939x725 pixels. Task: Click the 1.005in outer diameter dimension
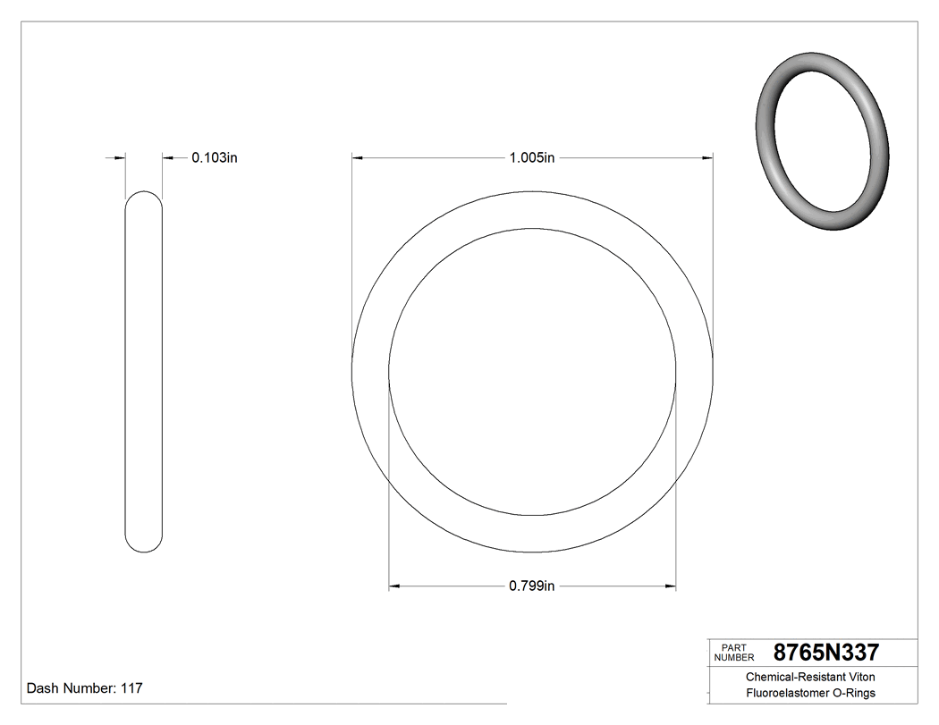pos(532,158)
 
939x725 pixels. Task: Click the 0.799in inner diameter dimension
pos(532,586)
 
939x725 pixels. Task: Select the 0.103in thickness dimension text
pos(214,158)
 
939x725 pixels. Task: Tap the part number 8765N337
pos(825,652)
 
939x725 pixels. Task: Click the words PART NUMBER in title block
pos(734,653)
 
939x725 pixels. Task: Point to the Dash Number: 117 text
pos(84,688)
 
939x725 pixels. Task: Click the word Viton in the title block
pos(861,678)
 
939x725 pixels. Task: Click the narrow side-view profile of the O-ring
pos(143,371)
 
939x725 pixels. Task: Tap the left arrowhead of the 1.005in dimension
pos(357,158)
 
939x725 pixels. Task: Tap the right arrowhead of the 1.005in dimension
pos(707,158)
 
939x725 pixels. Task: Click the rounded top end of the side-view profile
pos(143,197)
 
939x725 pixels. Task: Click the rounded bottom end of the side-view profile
pos(143,546)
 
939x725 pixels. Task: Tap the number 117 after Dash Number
pos(131,688)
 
